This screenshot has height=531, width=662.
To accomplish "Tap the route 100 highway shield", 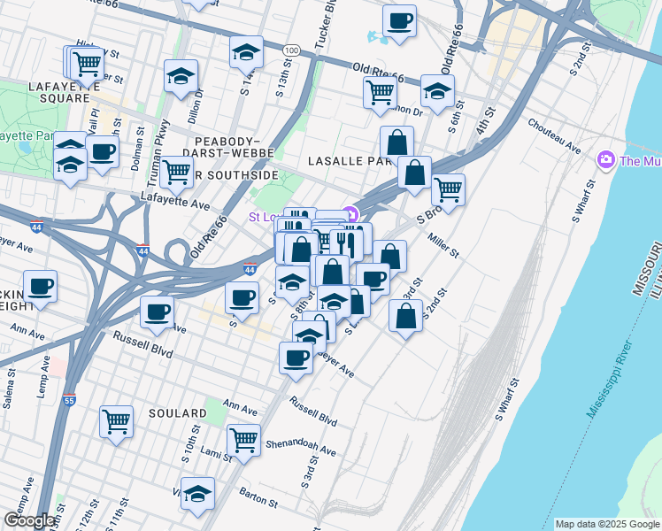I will pyautogui.click(x=291, y=51).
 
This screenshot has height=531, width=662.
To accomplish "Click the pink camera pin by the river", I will pyautogui.click(x=607, y=160).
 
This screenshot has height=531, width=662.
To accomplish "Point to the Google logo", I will pyautogui.click(x=29, y=520).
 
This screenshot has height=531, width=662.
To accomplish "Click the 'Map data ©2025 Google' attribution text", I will pyautogui.click(x=607, y=524).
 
